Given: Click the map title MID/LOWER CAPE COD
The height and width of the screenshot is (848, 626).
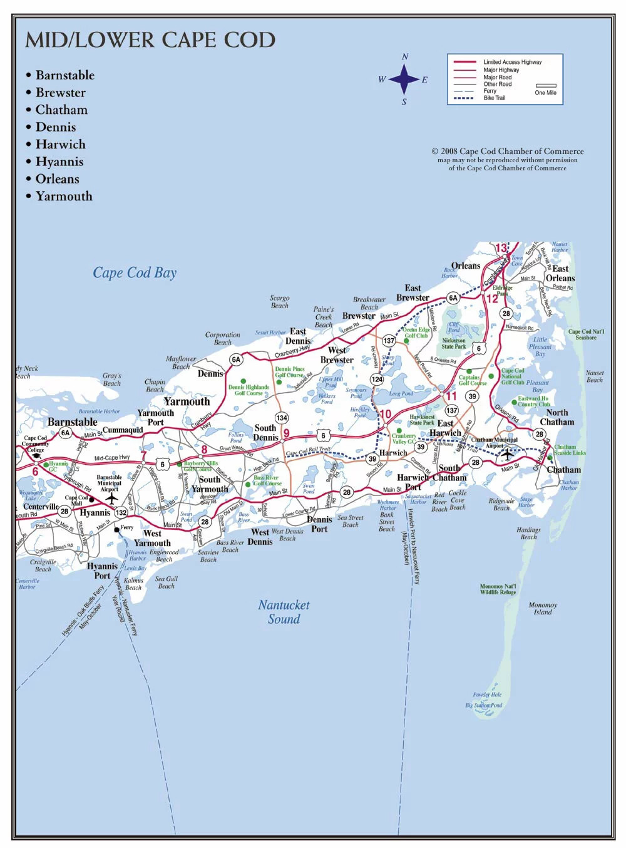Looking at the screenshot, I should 150,40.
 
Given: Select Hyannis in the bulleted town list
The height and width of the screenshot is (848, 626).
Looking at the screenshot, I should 59,162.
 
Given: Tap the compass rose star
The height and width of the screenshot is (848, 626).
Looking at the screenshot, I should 404,80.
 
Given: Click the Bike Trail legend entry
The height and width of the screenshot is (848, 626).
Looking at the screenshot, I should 494,98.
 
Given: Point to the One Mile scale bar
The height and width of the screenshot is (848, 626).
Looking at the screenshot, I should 546,86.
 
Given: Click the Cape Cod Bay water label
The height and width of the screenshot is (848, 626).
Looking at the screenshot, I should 135,272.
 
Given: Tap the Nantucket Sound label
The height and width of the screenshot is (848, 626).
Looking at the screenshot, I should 284,612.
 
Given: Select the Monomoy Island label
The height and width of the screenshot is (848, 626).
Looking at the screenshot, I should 543,609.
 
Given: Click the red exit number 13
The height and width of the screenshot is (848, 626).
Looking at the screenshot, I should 501,248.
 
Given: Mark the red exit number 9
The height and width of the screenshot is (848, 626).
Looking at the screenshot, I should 286,433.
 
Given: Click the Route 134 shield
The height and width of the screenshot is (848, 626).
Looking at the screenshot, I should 282,418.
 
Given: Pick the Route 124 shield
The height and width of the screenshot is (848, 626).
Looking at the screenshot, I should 377,379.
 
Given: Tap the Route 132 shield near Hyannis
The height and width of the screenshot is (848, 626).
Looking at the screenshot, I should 121,512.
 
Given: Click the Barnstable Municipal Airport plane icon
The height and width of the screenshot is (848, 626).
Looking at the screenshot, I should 111,499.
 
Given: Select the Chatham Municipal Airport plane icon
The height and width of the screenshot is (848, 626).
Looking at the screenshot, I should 507,455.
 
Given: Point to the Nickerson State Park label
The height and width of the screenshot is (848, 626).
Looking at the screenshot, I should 453,343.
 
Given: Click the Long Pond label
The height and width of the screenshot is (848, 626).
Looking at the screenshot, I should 401,394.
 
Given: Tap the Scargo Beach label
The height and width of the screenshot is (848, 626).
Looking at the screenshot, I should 279,302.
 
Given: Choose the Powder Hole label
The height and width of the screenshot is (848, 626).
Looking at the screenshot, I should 487,695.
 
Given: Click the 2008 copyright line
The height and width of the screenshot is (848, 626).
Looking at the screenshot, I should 507,152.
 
